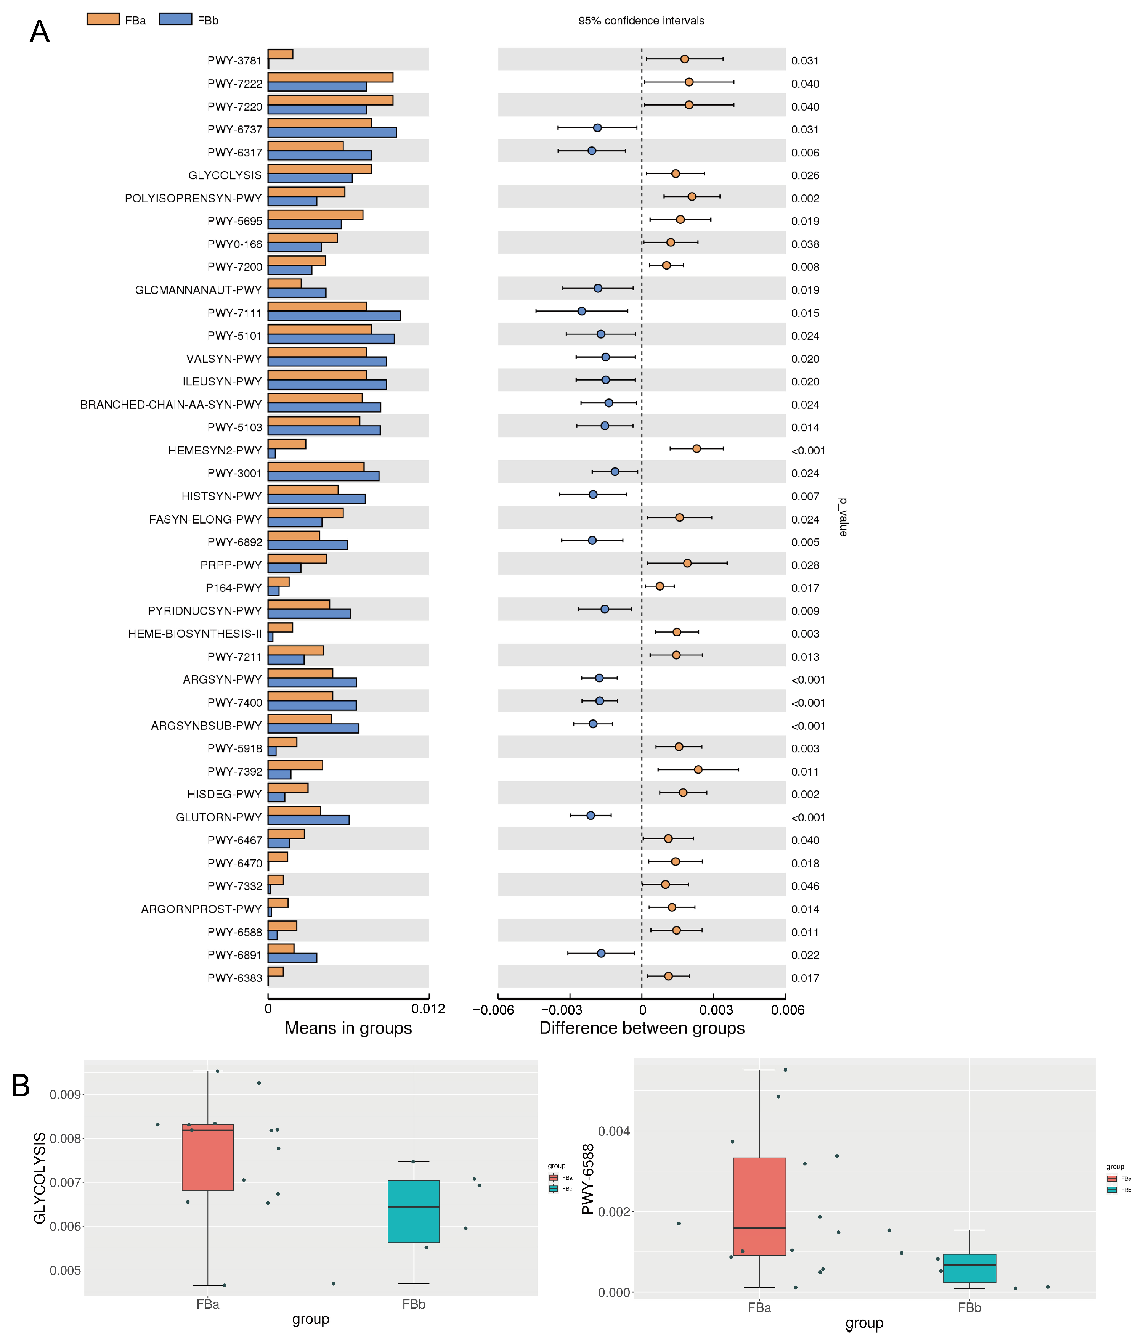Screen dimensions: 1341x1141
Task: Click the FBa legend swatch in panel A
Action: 103,19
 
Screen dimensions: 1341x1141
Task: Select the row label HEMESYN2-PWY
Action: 215,450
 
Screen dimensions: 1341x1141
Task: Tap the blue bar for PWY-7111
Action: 334,316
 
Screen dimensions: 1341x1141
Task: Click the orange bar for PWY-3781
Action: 280,55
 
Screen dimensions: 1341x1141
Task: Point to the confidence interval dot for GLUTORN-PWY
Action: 591,816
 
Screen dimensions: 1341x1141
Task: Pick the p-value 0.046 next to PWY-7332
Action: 805,886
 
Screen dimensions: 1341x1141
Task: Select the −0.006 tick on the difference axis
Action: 494,1010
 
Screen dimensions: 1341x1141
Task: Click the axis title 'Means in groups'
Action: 348,1028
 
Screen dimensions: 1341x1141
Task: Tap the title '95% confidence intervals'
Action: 641,21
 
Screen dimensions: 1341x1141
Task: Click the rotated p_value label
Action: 842,517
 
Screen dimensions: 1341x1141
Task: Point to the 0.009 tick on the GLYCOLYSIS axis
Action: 65,1095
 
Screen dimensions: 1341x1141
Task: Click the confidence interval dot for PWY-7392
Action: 698,770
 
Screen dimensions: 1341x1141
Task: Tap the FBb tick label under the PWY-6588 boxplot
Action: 969,1308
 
